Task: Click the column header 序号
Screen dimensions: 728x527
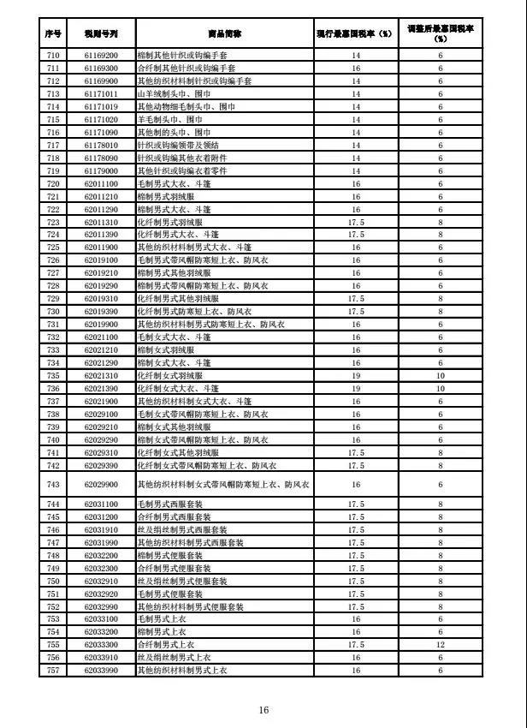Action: coord(53,34)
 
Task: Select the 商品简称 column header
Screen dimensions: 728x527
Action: coord(224,34)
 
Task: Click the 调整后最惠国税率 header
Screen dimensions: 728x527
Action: coord(441,34)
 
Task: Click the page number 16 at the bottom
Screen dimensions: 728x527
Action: coord(263,710)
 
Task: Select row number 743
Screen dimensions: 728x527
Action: coord(53,485)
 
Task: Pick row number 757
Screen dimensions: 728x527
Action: coord(53,670)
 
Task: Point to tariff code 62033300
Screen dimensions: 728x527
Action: coord(101,644)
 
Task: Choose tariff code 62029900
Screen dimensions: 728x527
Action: coord(101,485)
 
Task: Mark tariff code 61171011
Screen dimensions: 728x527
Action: coord(101,92)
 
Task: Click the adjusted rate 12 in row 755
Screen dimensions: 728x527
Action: coord(441,644)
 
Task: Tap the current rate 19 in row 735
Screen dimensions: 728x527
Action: coord(356,376)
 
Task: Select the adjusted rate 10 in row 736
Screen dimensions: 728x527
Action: coord(441,388)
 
